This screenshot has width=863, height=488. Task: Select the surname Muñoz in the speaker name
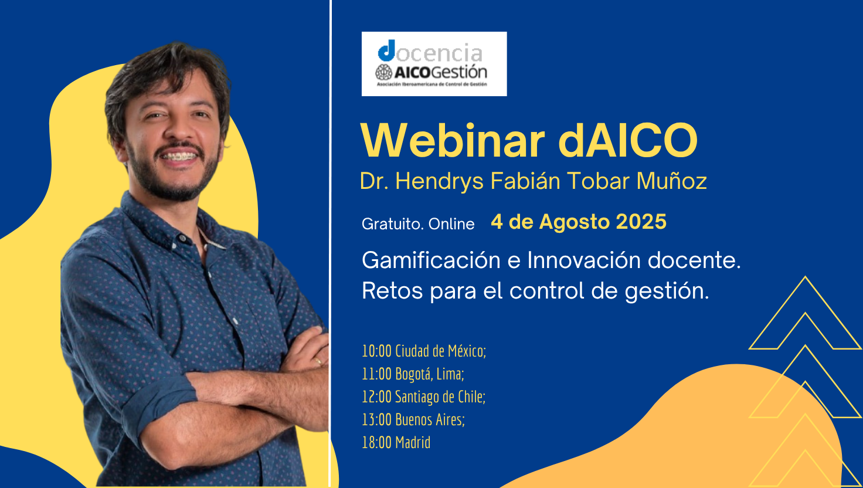(x=671, y=181)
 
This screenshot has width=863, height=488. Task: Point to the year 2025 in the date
(x=641, y=222)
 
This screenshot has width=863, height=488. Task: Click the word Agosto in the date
(x=575, y=222)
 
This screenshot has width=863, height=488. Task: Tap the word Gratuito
(x=393, y=224)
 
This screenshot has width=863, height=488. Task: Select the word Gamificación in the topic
(x=431, y=260)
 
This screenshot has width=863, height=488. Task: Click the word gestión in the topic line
(x=667, y=292)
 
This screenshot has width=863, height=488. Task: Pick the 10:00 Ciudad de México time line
(x=424, y=351)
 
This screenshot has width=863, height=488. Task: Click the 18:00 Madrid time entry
(x=396, y=442)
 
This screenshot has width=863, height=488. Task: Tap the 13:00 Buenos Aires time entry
(x=413, y=420)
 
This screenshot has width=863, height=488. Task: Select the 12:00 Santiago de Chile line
(x=423, y=397)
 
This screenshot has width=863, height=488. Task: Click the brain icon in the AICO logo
(x=383, y=73)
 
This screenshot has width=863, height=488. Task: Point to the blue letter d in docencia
(x=387, y=50)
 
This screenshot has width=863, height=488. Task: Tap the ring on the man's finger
(x=318, y=361)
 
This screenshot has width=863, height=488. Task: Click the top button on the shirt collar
(x=182, y=239)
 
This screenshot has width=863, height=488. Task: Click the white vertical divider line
(x=330, y=244)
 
